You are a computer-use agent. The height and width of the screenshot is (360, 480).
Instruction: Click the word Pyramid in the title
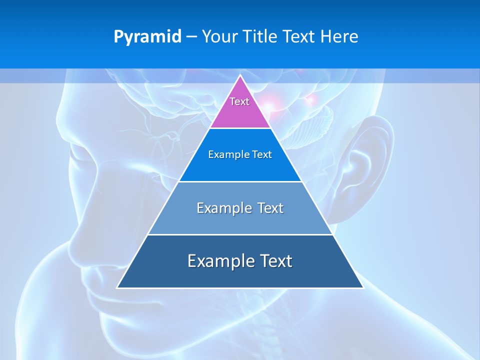coord(147,37)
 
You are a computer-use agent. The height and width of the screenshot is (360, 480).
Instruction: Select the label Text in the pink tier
coord(239,101)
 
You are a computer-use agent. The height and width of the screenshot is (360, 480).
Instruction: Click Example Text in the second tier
coord(240,154)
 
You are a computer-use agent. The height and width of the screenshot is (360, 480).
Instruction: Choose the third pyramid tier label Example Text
coord(240,208)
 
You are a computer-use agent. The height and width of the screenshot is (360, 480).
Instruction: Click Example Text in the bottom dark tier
coord(240,261)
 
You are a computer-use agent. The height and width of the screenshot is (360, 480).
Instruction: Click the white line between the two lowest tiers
coord(240,234)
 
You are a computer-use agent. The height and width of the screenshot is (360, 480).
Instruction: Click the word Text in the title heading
coord(301,37)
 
